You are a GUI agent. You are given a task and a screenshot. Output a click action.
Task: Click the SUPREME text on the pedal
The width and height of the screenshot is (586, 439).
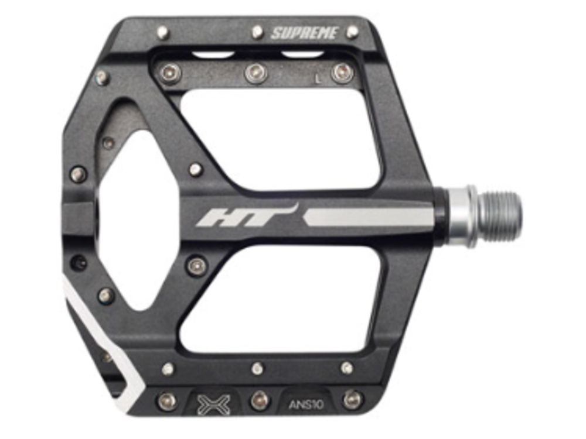click(304, 33)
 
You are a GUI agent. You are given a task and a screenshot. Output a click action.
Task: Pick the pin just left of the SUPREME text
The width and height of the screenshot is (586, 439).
click(257, 32)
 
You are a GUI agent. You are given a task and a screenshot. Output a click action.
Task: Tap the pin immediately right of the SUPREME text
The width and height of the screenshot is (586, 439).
click(352, 32)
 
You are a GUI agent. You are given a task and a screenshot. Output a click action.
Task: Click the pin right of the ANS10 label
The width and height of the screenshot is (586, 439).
click(352, 400)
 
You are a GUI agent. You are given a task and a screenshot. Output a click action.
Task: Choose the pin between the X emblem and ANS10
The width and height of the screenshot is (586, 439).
click(260, 400)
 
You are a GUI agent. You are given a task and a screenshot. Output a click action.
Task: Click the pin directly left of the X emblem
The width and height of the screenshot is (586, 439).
click(168, 401)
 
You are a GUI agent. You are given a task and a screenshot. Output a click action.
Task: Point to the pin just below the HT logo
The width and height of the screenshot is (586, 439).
click(196, 265)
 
